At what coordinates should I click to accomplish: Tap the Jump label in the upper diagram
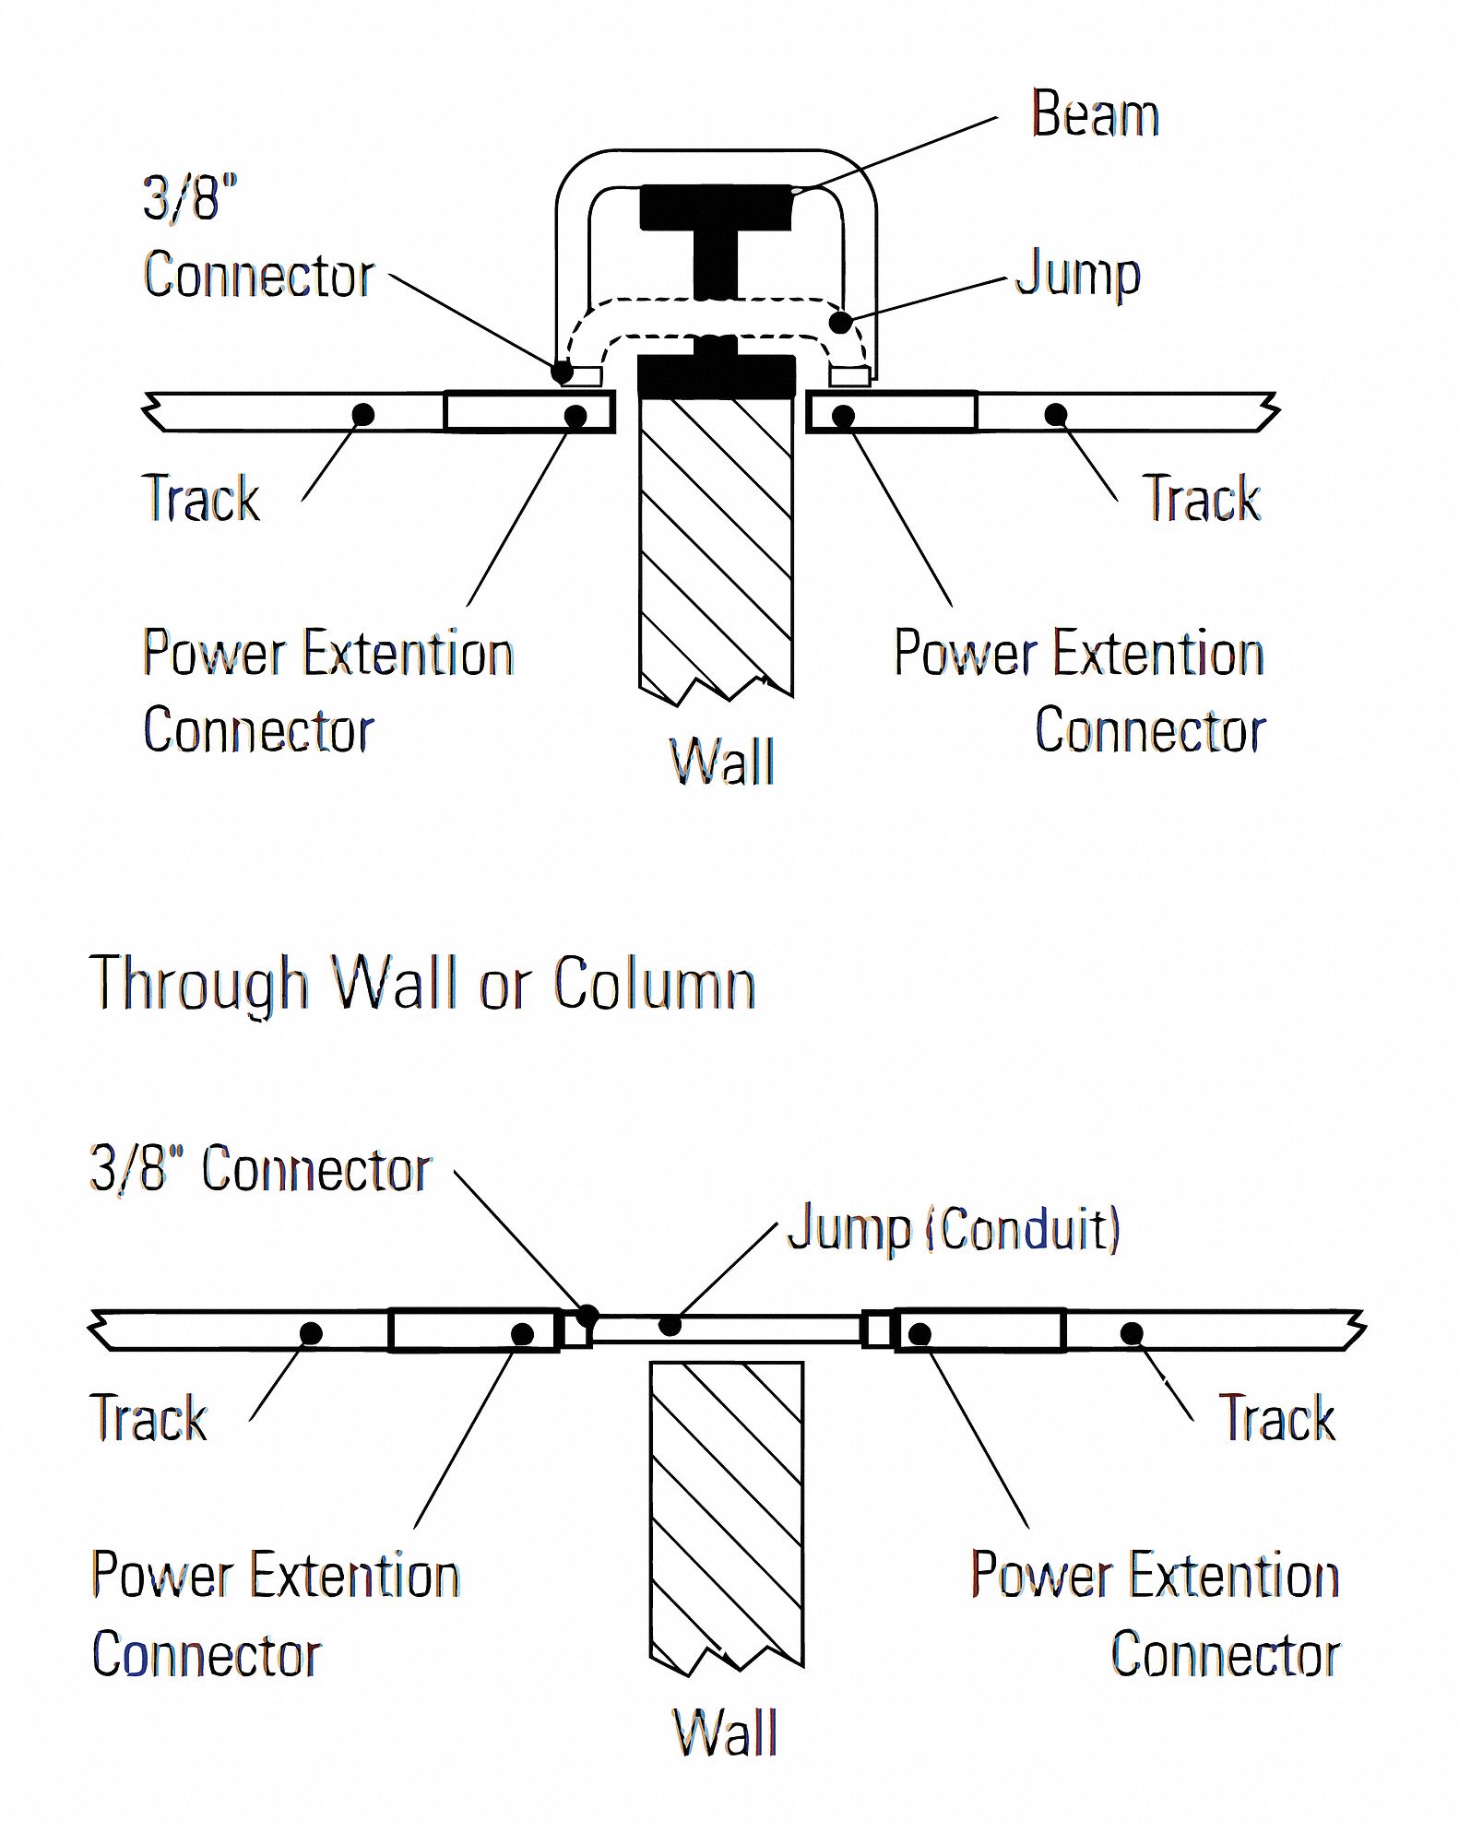tap(1077, 275)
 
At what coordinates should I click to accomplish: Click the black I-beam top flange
tap(716, 207)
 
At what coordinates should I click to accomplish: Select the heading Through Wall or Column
tap(422, 984)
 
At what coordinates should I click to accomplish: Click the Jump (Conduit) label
tap(954, 1229)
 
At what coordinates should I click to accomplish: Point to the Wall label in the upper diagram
tap(721, 762)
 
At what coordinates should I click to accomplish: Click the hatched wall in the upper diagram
tap(716, 544)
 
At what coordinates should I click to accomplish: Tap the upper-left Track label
tap(201, 499)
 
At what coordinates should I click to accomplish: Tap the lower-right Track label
tap(1276, 1418)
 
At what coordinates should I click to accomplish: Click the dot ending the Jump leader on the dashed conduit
tap(840, 323)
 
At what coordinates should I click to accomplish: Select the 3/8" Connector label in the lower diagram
tap(260, 1170)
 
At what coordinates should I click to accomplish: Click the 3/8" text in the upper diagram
tap(190, 197)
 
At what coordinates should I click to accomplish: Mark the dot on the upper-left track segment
tap(363, 415)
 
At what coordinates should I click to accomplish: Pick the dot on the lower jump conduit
tap(670, 1326)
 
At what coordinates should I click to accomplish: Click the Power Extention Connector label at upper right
tap(1079, 691)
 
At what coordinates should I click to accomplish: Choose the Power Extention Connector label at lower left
tap(275, 1613)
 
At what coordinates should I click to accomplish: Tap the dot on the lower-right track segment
tap(1132, 1333)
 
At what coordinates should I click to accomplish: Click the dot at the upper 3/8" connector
tap(562, 372)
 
